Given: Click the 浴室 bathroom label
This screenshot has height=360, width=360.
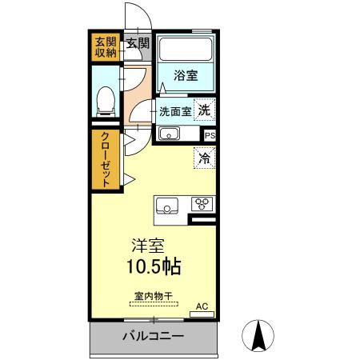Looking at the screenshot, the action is [x=186, y=75].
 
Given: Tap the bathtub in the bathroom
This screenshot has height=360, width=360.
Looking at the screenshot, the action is [x=186, y=50].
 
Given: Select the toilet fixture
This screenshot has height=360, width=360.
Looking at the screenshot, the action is [x=106, y=102].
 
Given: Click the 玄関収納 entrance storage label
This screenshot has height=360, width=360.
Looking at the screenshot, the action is [x=106, y=47].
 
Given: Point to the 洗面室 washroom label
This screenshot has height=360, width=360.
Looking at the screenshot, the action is [x=175, y=111].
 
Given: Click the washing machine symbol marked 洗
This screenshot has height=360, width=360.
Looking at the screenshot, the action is [x=204, y=110].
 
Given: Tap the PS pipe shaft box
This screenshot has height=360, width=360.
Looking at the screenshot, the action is [x=210, y=135].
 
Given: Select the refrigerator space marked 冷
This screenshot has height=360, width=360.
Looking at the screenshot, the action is [x=205, y=158].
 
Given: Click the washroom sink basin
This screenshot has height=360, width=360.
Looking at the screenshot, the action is [x=169, y=133].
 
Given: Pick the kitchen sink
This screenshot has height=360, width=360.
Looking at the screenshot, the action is [x=167, y=206].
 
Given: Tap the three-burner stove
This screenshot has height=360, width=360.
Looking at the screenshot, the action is [x=202, y=204].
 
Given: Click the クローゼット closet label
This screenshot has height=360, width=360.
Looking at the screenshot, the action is [x=106, y=159].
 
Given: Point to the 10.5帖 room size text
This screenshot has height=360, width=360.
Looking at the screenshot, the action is [x=154, y=266].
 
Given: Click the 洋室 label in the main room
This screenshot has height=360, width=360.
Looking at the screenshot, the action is [x=148, y=246].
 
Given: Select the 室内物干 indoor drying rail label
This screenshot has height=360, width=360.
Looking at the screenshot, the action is [x=154, y=296].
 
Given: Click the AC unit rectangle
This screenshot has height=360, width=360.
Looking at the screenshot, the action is [x=202, y=314].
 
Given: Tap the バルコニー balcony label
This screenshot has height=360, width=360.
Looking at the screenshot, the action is [x=154, y=336].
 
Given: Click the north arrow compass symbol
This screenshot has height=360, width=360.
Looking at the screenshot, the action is [x=258, y=335].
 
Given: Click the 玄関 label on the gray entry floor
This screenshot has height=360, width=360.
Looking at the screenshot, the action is [x=138, y=43].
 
